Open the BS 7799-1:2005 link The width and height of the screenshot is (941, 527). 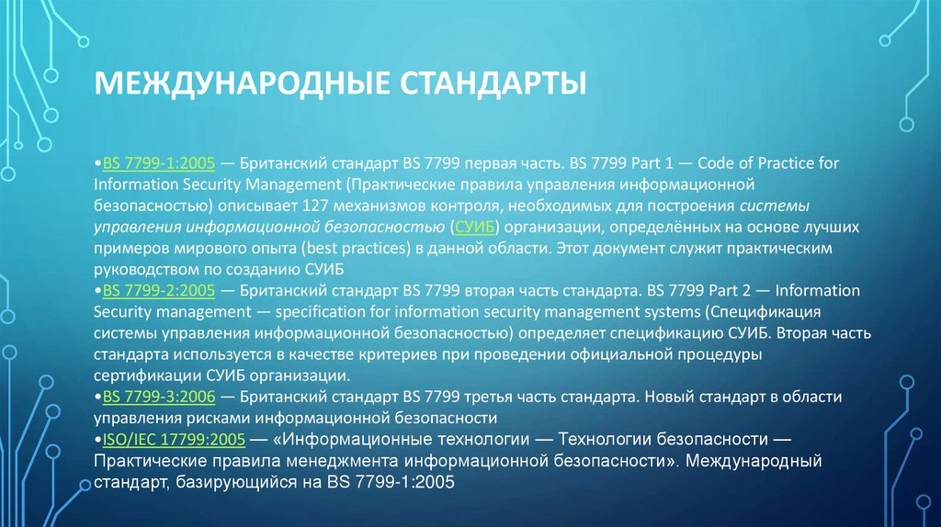[158, 163]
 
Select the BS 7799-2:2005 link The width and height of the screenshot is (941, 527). [158, 290]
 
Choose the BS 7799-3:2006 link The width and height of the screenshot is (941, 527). [158, 397]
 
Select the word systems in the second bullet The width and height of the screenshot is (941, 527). [670, 311]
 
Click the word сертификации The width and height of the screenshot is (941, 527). [144, 376]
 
